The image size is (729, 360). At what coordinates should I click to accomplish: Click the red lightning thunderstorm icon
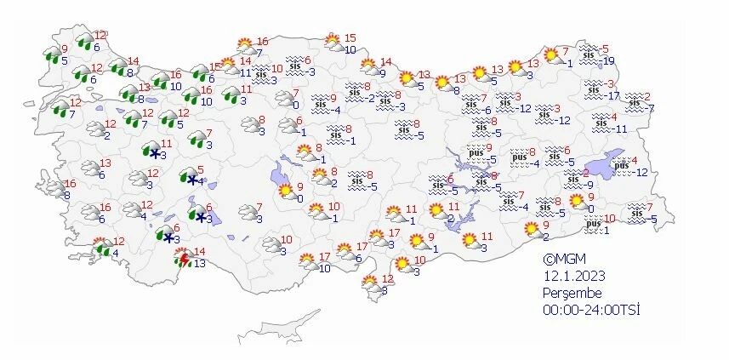point(182,258)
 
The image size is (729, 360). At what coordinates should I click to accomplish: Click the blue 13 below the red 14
point(201,264)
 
